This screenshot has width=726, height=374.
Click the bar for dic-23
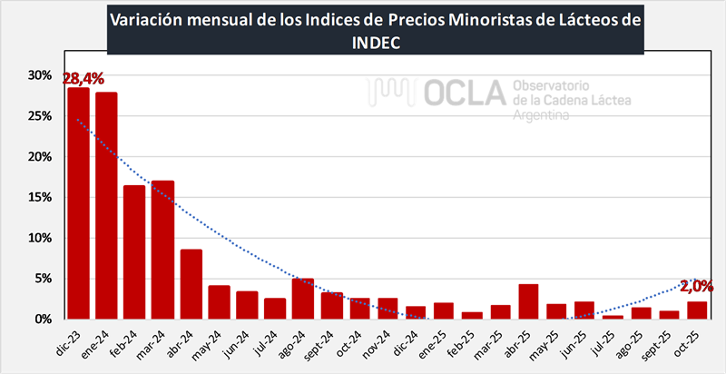78,203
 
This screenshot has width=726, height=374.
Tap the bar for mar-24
162,250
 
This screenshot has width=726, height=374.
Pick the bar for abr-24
191,284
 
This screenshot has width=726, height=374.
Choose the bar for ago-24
303,299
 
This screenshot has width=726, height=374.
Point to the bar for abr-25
528,301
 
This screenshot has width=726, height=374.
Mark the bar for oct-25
697,310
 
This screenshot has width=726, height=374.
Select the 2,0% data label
697,286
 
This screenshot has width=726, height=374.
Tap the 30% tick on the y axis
38,75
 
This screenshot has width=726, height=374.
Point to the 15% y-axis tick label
38,198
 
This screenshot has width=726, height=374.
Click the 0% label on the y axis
42,320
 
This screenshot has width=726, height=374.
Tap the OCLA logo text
463,93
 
